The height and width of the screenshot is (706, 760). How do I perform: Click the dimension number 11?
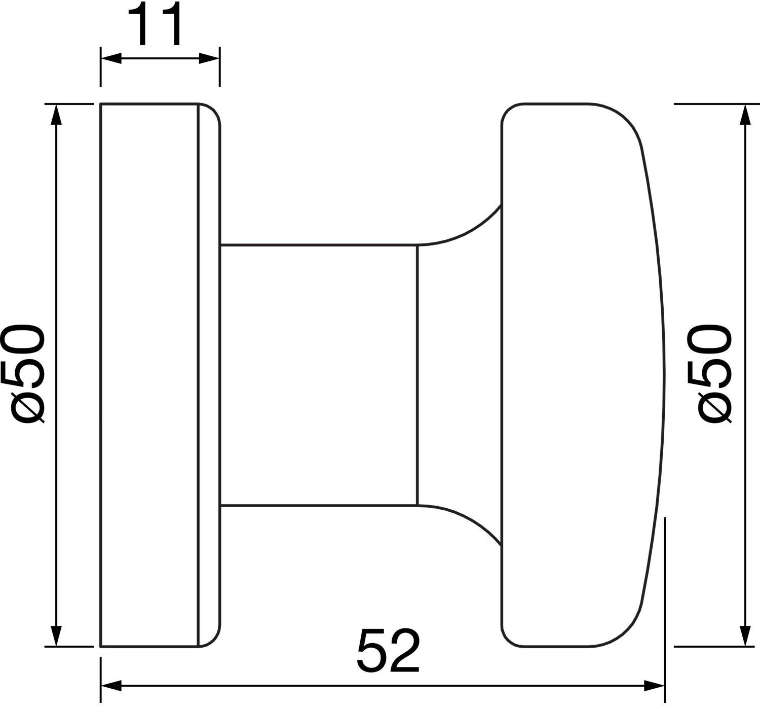coord(155,24)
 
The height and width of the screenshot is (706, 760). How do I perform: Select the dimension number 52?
coord(389,650)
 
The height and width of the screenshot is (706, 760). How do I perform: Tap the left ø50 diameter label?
coord(23,374)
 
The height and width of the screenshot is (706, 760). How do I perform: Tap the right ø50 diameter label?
coord(709,374)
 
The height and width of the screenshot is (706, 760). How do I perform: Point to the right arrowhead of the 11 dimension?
coord(209,58)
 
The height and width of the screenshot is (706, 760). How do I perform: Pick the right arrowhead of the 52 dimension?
coord(655,686)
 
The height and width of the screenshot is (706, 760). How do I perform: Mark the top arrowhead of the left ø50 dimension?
coord(56,115)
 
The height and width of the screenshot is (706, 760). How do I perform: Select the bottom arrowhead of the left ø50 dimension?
coord(56,637)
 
